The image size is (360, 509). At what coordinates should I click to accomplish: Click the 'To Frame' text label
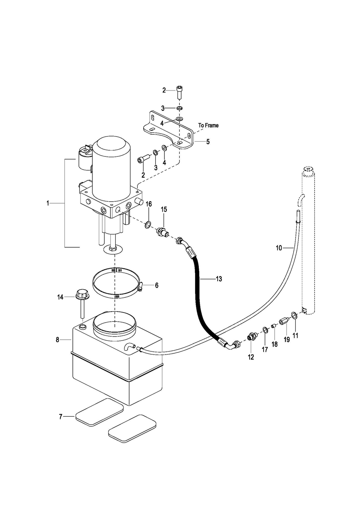coord(208,125)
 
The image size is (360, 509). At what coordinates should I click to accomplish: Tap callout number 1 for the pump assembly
coord(48,203)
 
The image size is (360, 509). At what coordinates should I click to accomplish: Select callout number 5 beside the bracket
coord(208,142)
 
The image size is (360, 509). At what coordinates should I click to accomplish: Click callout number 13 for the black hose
coord(219,279)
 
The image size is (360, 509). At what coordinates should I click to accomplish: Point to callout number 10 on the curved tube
coord(279,248)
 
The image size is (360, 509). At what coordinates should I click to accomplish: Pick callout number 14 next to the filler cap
coord(60,297)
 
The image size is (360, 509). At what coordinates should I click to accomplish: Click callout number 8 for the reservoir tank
coord(58,340)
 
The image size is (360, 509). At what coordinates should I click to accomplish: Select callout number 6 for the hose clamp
coord(157,285)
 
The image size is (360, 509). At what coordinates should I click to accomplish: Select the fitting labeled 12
coord(252,336)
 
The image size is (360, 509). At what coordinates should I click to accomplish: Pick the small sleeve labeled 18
coord(274,326)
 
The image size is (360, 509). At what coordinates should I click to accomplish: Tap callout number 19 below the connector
coord(287,339)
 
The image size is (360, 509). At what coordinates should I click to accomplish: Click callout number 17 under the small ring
coord(265,349)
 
